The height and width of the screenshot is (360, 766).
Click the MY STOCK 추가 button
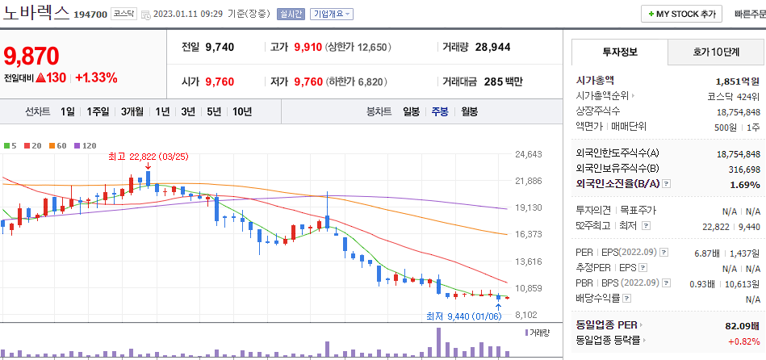click(x=681, y=14)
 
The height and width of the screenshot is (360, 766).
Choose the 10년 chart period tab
click(x=241, y=111)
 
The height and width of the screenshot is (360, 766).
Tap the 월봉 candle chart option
click(x=470, y=111)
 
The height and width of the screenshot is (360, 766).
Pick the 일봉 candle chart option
click(x=412, y=111)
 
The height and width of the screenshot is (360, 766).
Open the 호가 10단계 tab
click(x=716, y=52)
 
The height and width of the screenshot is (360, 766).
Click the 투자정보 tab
click(x=620, y=52)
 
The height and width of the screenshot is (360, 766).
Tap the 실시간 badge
click(x=289, y=14)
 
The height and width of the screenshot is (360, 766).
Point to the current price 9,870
click(x=32, y=56)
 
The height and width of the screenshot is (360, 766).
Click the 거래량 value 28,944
click(x=492, y=47)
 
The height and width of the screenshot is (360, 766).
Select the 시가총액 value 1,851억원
click(x=738, y=81)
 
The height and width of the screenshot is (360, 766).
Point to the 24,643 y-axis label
click(x=528, y=153)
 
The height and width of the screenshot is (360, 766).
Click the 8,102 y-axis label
click(x=528, y=315)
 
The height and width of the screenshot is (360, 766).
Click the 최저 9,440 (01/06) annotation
click(x=463, y=316)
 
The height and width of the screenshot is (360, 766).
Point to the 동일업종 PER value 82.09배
click(x=741, y=324)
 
